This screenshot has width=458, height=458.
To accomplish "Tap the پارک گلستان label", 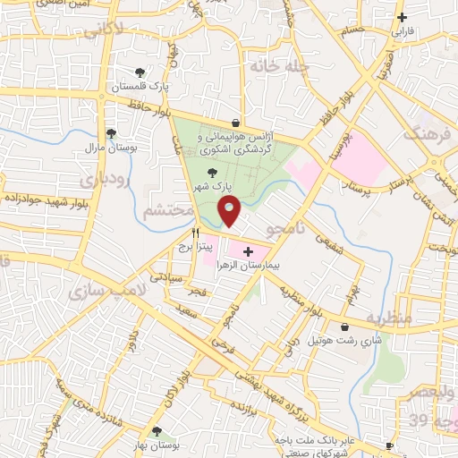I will [x=138, y=88].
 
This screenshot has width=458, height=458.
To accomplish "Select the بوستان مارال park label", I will [x=108, y=146].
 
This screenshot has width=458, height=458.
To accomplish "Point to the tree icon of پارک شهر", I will [x=213, y=174].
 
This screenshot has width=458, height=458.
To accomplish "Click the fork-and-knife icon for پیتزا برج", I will [x=195, y=232].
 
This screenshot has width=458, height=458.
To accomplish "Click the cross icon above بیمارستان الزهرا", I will [x=248, y=252].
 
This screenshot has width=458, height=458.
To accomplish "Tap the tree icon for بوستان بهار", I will [x=157, y=431].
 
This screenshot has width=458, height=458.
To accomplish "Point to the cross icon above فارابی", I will [x=402, y=17].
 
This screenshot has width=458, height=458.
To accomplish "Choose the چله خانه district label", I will [x=279, y=65].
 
